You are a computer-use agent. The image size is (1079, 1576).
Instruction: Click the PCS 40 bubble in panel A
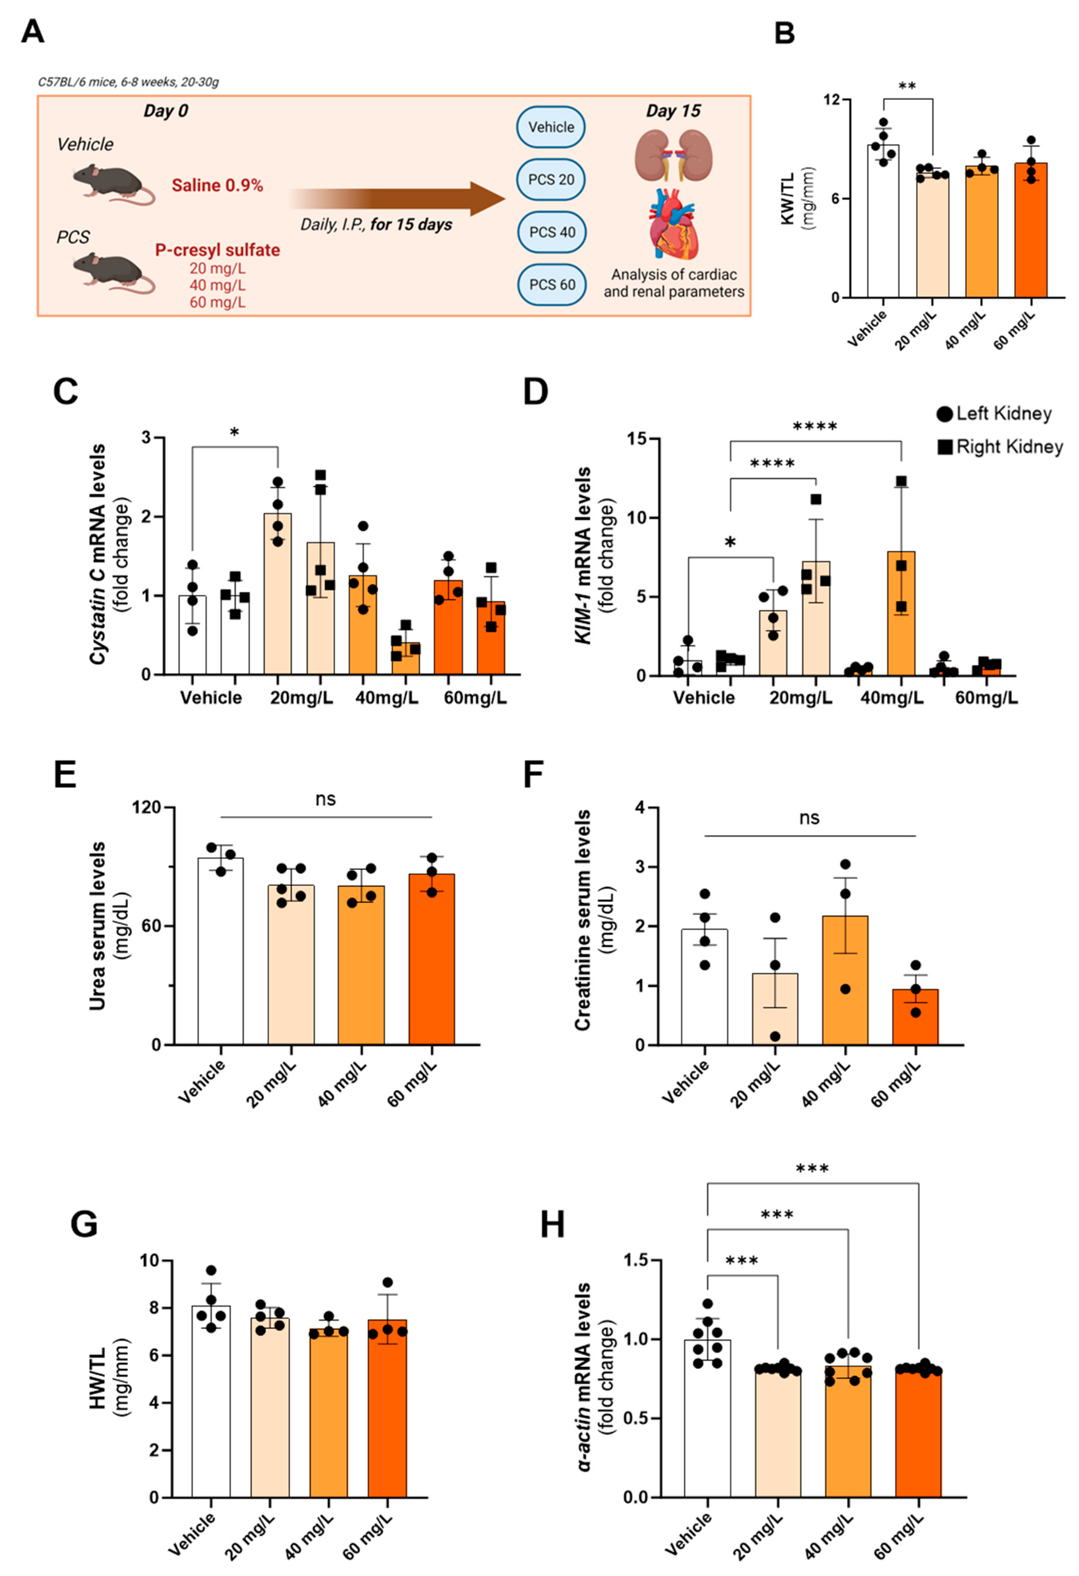click(x=551, y=232)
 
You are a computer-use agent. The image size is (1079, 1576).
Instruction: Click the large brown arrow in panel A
click(x=400, y=199)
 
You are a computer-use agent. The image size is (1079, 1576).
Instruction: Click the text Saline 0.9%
click(x=217, y=185)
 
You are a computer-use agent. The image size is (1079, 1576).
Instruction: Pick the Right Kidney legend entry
click(x=1000, y=447)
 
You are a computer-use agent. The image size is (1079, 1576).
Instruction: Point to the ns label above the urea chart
click(x=325, y=799)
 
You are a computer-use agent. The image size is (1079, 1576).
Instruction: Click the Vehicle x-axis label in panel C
click(x=211, y=698)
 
